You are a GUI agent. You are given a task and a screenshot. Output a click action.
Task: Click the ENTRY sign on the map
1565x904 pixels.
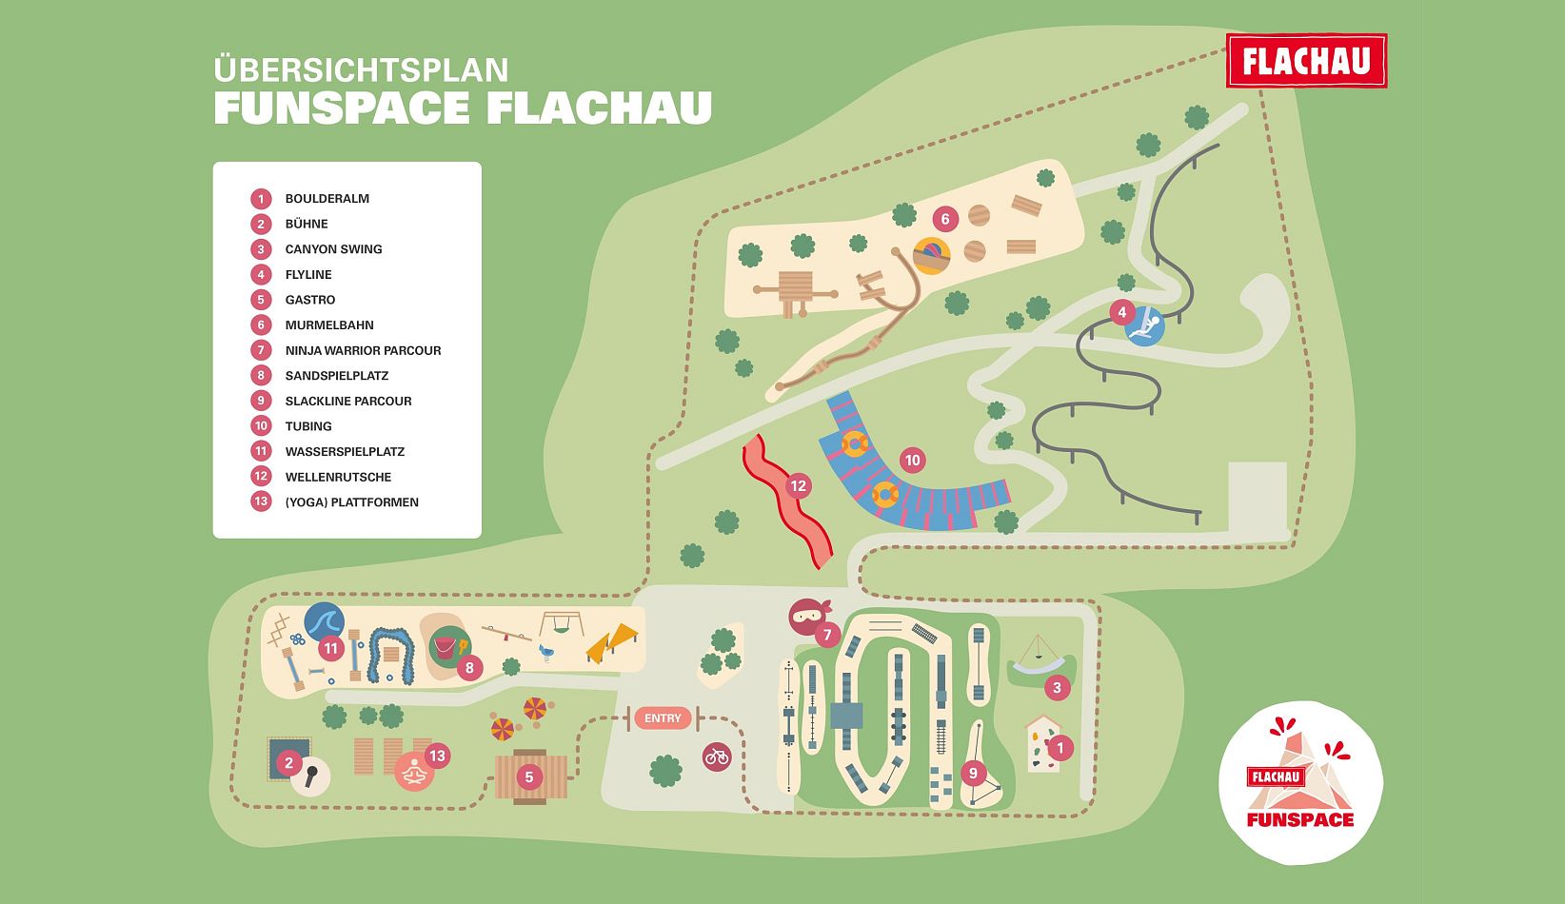tap(663, 718)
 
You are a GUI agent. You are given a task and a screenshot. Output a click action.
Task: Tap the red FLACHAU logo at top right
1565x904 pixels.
tap(1306, 62)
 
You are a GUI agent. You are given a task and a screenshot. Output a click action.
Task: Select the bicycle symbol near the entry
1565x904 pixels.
tap(717, 757)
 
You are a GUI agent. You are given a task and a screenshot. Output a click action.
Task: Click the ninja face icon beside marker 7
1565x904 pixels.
tap(808, 616)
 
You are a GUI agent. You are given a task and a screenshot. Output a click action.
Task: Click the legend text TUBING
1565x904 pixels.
tap(308, 426)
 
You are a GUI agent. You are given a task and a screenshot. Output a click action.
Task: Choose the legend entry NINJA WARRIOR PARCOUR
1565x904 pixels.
tap(363, 350)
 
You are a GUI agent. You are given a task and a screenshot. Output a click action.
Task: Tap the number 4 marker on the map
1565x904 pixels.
tap(1121, 312)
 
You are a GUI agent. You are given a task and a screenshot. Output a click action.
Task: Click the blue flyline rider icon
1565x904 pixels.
tap(1146, 327)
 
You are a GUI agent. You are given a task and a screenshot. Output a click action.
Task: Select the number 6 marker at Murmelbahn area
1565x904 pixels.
tap(944, 219)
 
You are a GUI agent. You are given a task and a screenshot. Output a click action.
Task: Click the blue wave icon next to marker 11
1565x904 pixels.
tap(324, 622)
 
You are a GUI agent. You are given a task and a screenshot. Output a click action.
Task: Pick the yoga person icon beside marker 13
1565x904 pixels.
tap(414, 773)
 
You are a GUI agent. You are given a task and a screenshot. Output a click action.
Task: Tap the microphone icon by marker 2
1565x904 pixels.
tap(310, 776)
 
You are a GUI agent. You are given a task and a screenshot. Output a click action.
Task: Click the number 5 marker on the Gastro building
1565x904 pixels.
tap(529, 777)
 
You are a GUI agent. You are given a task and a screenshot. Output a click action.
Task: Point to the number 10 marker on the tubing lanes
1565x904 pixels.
tap(912, 461)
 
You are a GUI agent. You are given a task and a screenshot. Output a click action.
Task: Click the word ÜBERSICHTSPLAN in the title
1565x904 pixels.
tap(361, 70)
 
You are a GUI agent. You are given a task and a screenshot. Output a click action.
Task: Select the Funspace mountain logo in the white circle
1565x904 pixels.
tap(1300, 782)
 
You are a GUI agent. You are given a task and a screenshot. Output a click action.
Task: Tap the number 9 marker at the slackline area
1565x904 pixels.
tap(973, 773)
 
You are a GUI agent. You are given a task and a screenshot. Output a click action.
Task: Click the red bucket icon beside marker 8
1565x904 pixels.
tap(445, 647)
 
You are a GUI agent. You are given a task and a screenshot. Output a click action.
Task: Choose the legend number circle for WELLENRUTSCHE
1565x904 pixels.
tap(261, 477)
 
